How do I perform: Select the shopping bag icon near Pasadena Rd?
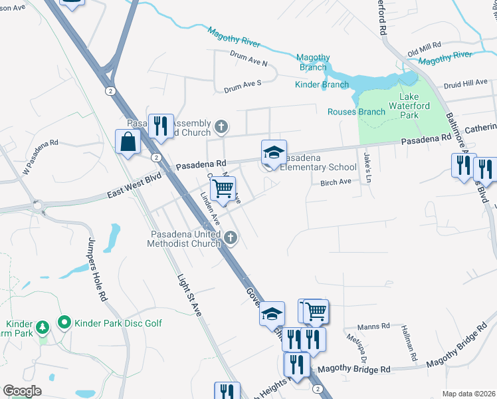pyautogui.click(x=127, y=142)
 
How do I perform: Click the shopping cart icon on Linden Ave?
pyautogui.click(x=223, y=189)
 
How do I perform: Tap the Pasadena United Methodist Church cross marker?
pyautogui.click(x=230, y=237)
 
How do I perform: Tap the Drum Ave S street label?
pyautogui.click(x=243, y=86)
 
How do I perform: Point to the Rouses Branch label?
pyautogui.click(x=356, y=112)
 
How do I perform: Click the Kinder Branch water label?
pyautogui.click(x=322, y=84)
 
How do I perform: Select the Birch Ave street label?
pyautogui.click(x=335, y=182)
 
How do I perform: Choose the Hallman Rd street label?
pyautogui.click(x=409, y=343)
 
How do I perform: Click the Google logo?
pyautogui.click(x=22, y=391)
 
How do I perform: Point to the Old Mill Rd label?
pyautogui.click(x=425, y=48)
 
